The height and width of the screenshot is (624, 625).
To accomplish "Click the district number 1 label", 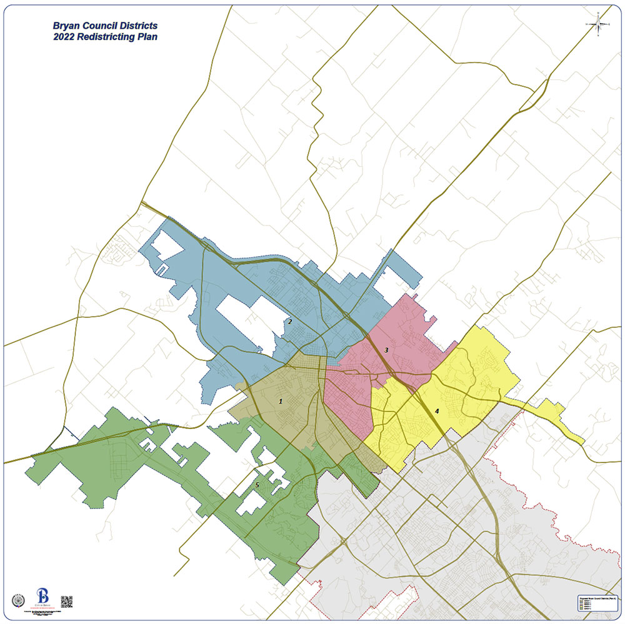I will point(281,401).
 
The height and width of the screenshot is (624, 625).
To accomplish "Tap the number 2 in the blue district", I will point(290,322).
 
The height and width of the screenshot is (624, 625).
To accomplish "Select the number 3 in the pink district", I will point(386,350).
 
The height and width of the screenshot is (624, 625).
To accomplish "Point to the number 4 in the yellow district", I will point(437,411).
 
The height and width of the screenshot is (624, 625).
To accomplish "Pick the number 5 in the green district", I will point(257,485).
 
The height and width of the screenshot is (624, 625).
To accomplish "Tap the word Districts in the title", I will point(139,26).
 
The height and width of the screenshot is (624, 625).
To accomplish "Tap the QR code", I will point(67,602).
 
